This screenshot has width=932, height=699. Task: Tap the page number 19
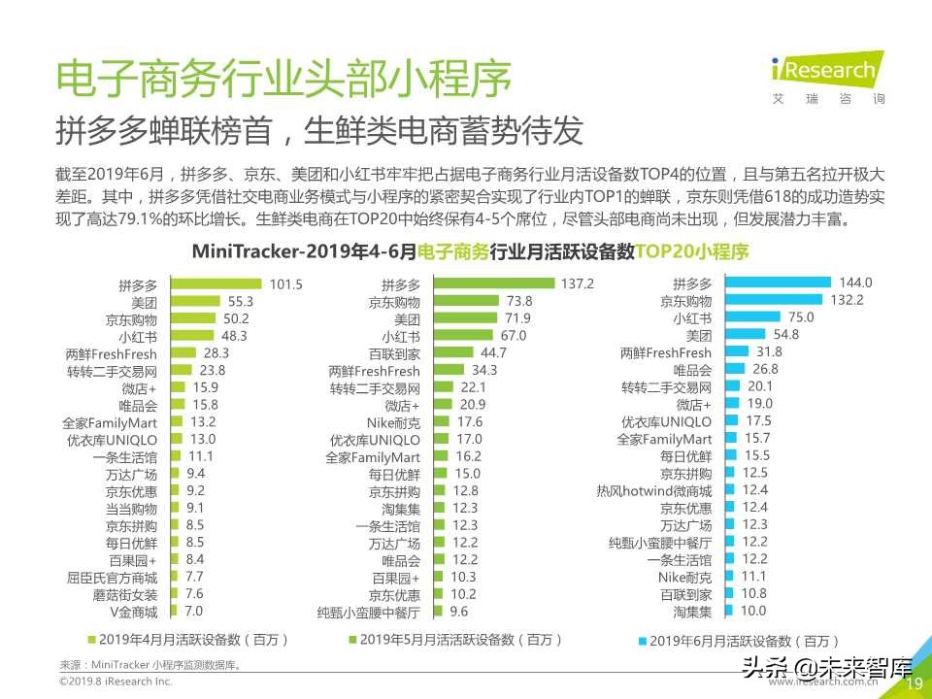(914, 684)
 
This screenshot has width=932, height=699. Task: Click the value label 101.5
(286, 284)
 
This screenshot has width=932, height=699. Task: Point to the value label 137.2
(577, 284)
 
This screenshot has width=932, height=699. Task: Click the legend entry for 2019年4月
(188, 640)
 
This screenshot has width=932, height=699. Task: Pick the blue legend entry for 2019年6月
(739, 641)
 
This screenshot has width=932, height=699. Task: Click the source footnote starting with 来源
(150, 665)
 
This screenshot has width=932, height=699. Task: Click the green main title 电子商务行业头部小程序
(283, 80)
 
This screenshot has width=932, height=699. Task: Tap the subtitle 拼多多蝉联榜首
(320, 129)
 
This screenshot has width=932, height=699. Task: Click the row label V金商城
(132, 612)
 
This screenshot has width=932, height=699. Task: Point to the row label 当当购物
(131, 508)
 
